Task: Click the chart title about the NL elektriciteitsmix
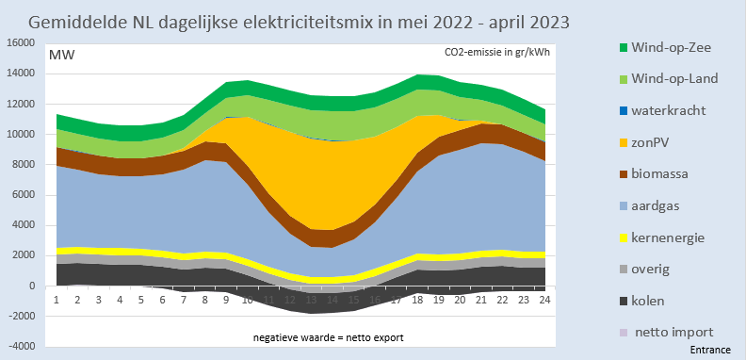pyautogui.click(x=300, y=20)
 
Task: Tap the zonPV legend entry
pyautogui.click(x=663, y=142)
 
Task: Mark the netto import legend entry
pyautogui.click(x=674, y=332)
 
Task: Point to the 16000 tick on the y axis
pyautogui.click(x=19, y=43)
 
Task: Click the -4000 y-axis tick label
pyautogui.click(x=19, y=346)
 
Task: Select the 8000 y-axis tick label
pyautogui.click(x=22, y=165)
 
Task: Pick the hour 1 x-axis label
pyautogui.click(x=57, y=299)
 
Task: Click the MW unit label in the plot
pyautogui.click(x=62, y=54)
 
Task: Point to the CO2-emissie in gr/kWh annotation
pyautogui.click(x=499, y=53)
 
